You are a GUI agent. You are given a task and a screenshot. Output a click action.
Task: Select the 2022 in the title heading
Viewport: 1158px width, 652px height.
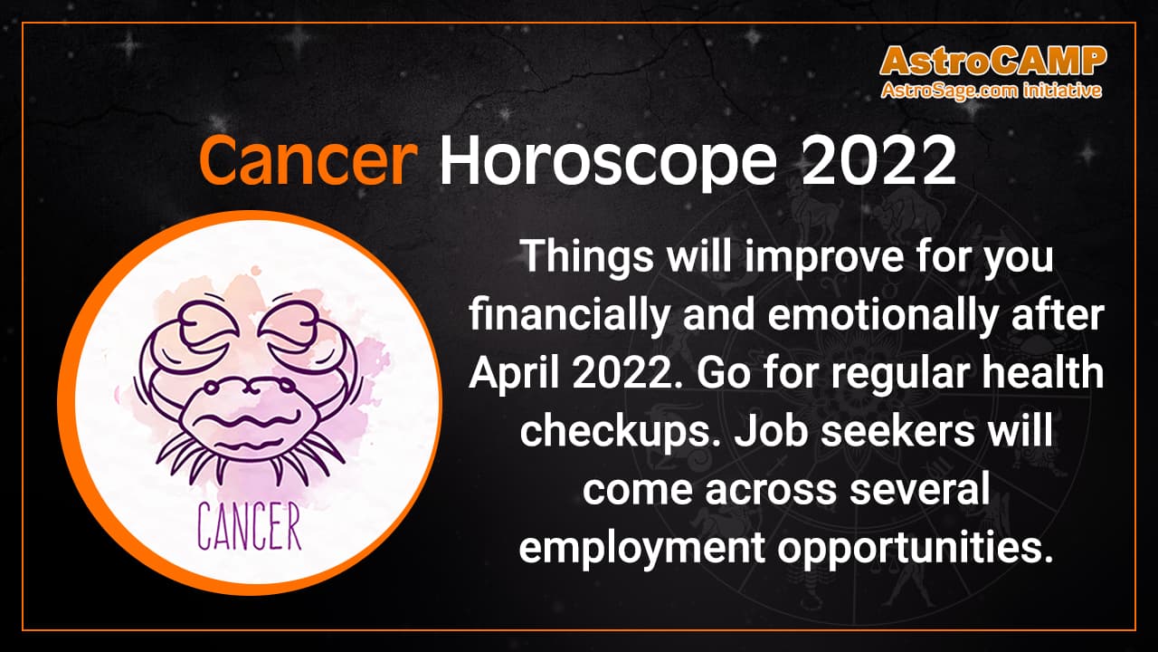[x=880, y=162]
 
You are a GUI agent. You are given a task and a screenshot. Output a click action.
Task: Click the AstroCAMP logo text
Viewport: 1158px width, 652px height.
[x=992, y=61]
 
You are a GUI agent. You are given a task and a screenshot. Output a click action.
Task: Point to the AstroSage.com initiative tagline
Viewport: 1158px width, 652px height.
[x=992, y=91]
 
